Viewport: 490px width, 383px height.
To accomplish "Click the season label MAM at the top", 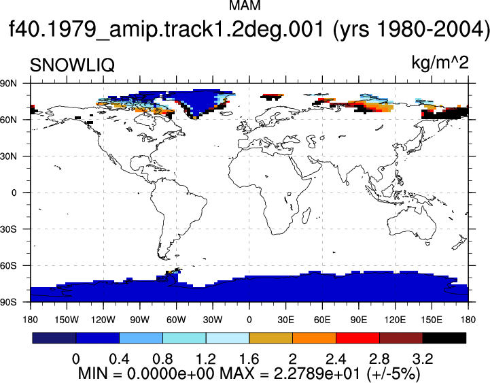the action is (245, 5).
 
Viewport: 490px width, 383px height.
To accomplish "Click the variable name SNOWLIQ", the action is (72, 65).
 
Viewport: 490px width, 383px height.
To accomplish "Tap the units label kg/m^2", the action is (440, 63).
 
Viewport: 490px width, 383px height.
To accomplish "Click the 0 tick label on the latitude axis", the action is (14, 193).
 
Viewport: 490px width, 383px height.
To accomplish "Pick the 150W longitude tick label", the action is (67, 320).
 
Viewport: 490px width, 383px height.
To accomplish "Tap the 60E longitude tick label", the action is (322, 320).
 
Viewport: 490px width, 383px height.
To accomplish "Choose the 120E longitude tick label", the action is (395, 320).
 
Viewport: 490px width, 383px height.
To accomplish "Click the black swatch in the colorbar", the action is (444, 338).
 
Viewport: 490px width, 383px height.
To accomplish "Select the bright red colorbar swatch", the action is (357, 338).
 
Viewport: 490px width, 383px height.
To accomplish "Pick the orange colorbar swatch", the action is (314, 338).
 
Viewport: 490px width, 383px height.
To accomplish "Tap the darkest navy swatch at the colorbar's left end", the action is (54, 338).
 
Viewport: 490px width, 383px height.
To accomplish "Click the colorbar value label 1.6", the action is (249, 359).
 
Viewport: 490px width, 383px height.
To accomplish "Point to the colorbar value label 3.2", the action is (423, 359).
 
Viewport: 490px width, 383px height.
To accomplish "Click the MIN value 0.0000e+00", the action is (169, 373).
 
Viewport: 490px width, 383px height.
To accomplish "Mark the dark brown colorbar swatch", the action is (401, 338).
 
